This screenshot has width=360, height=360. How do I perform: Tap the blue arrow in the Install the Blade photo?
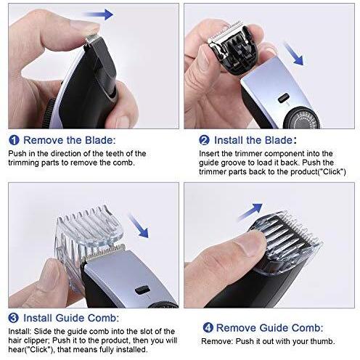click(x=292, y=53)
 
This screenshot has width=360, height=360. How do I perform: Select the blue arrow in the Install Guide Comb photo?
click(x=138, y=226)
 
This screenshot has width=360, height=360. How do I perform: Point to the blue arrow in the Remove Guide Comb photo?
click(x=250, y=211)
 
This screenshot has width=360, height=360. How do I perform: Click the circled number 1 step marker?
click(x=14, y=140)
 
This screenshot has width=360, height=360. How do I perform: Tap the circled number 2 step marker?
click(x=204, y=140)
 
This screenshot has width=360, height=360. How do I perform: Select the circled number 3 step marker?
click(x=14, y=318)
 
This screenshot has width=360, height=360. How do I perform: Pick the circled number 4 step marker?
click(x=208, y=328)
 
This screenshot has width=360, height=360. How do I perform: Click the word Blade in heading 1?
click(x=99, y=140)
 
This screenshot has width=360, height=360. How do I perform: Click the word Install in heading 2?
click(x=229, y=140)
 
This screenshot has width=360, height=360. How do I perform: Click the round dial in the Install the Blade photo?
click(x=303, y=120)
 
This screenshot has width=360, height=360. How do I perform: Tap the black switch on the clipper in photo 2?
click(x=284, y=97)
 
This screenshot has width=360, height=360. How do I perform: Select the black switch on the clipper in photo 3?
click(x=142, y=290)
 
